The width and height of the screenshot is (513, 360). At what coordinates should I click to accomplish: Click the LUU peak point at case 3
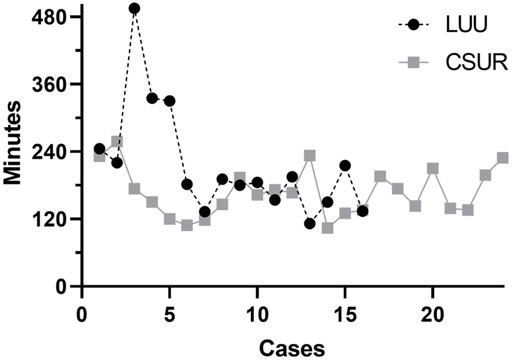pos(134,8)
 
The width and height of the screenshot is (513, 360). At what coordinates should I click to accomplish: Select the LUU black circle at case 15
pos(345,166)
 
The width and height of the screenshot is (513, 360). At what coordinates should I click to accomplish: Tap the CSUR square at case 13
pos(310,156)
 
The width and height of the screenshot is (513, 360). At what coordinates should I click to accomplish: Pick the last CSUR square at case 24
pos(503,158)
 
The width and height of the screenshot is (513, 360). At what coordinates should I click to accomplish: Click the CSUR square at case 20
pos(433,168)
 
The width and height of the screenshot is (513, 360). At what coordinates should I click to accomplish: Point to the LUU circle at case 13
pos(310,224)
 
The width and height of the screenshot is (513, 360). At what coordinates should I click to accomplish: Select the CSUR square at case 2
pos(117,142)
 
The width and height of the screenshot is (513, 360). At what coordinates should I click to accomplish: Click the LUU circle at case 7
pos(205,212)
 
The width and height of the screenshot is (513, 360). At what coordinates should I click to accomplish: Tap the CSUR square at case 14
pos(327,228)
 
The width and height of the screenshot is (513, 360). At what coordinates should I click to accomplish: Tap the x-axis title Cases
pos(291,346)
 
